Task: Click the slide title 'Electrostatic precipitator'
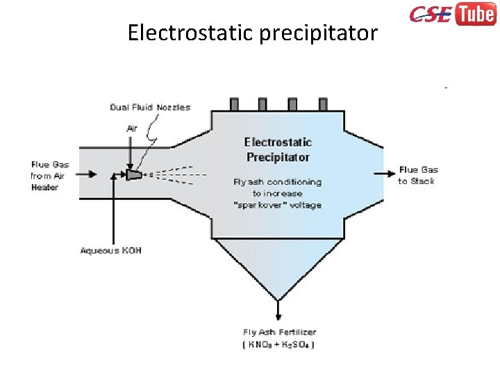(x=252, y=33)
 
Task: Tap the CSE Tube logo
(x=451, y=15)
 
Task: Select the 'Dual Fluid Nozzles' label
(x=150, y=107)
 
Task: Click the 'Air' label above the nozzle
(x=132, y=128)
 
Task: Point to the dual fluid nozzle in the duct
(x=133, y=175)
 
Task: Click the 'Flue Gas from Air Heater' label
(x=50, y=176)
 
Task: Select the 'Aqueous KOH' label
(x=110, y=250)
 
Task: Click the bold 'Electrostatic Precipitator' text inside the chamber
(x=278, y=149)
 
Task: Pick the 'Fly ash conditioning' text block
(x=277, y=194)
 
